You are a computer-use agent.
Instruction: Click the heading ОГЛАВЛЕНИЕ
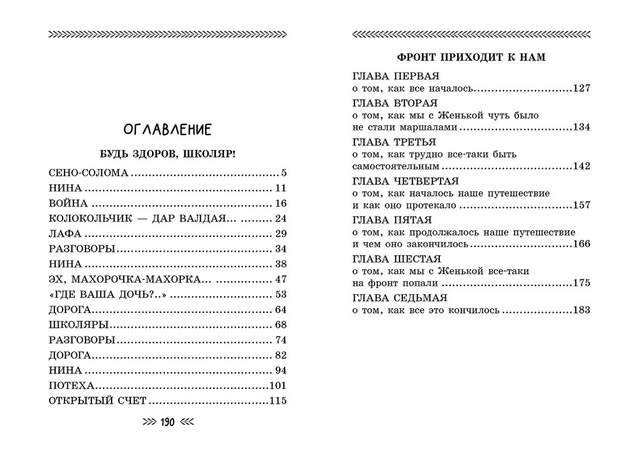[168, 129]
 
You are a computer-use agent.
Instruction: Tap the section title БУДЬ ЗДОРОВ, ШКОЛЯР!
[168, 153]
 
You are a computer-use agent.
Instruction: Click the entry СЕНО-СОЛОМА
[88, 173]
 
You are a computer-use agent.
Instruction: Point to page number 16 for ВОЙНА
[281, 203]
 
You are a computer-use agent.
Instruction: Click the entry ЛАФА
[65, 234]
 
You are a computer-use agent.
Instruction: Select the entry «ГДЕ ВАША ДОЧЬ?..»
[107, 295]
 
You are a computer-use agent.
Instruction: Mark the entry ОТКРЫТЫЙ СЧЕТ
[98, 402]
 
